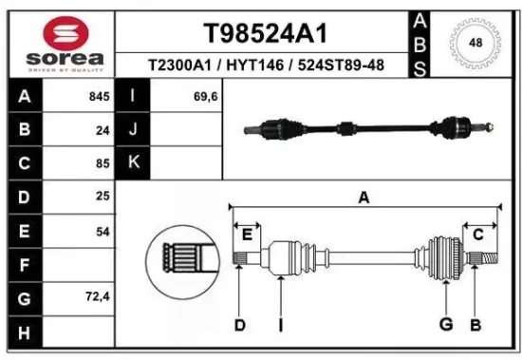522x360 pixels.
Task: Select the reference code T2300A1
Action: (180, 65)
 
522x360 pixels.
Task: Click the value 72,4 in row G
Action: (99, 297)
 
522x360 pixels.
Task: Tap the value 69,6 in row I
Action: (206, 97)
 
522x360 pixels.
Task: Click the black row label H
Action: (24, 332)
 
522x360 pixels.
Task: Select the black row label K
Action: (133, 163)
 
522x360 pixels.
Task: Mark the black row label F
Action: (24, 264)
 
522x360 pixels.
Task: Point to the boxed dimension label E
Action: (247, 234)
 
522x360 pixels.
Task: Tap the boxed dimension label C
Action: (478, 234)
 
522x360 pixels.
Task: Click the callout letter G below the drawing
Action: (444, 325)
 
